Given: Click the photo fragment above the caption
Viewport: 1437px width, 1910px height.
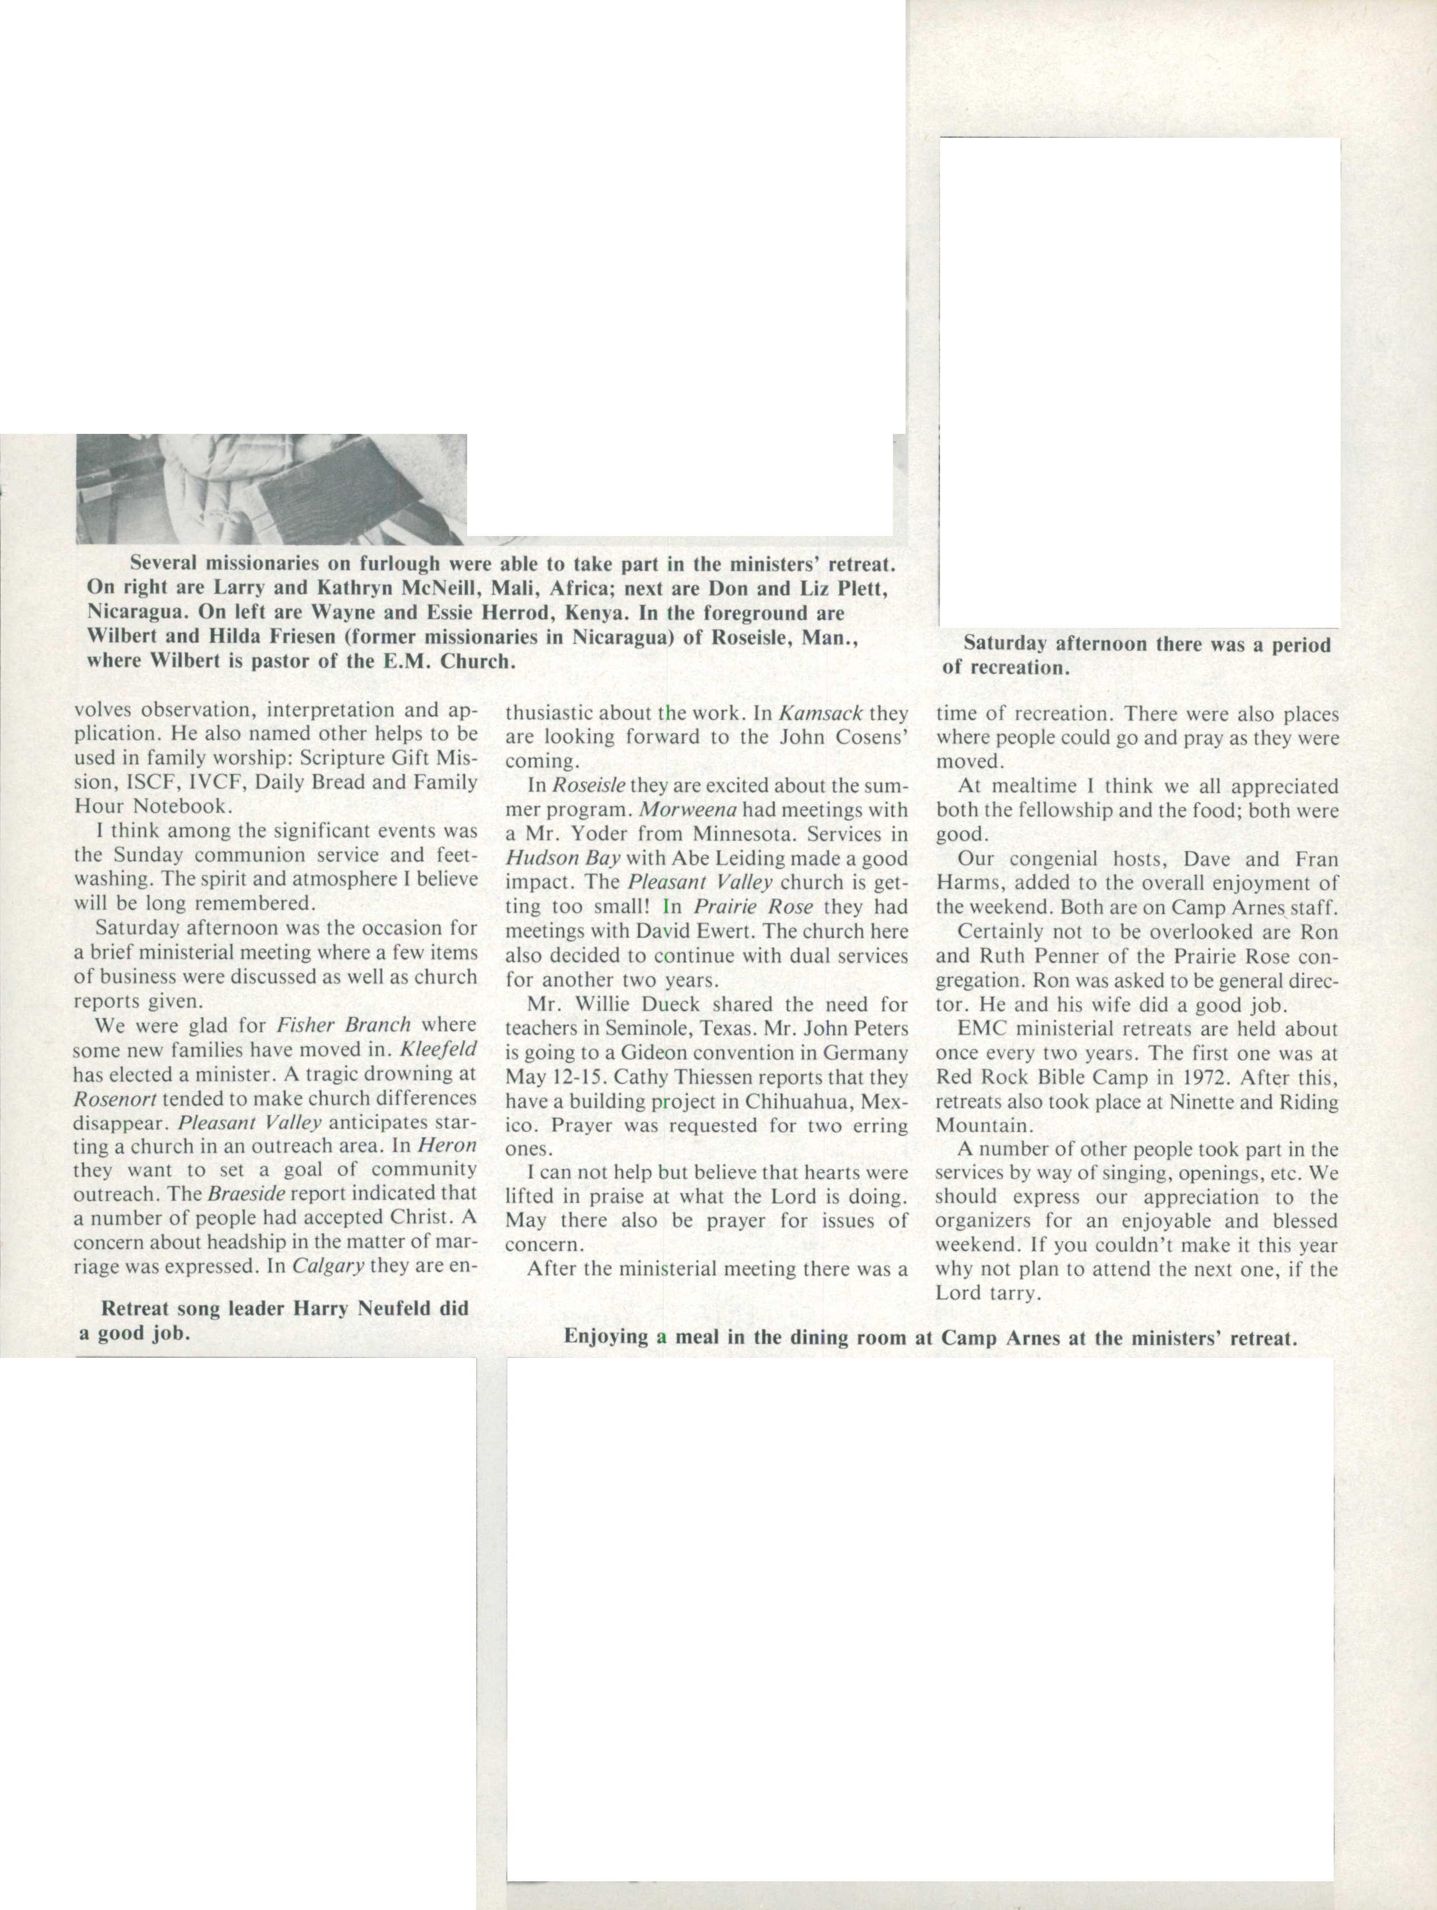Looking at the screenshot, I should coord(271,489).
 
